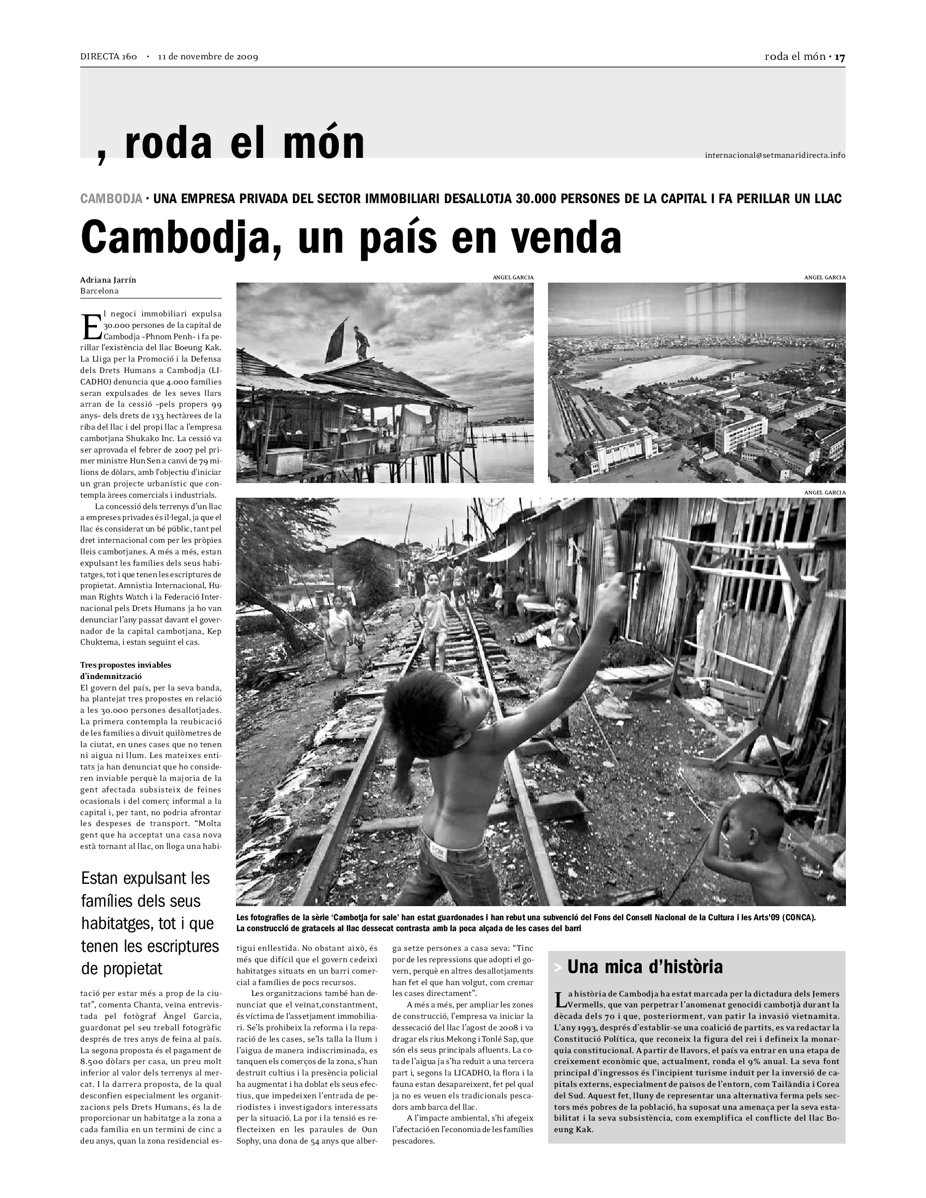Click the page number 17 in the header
coord(840,57)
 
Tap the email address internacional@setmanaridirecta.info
coord(775,155)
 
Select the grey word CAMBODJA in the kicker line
coord(111,199)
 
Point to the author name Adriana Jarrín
coord(108,280)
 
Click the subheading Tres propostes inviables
coord(126,665)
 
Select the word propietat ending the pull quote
coord(122,969)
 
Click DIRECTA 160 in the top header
coord(108,57)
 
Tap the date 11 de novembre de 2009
coord(208,57)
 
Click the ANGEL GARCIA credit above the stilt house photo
coord(513,278)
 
